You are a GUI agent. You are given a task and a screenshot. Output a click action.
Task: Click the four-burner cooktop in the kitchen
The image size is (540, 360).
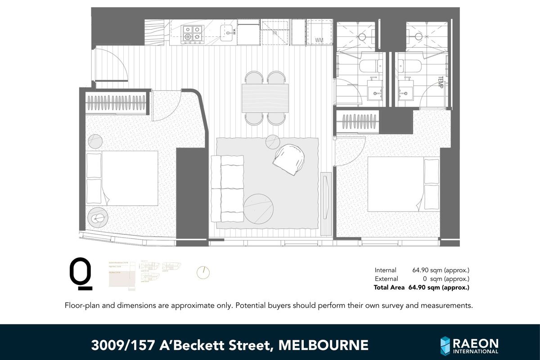pyautogui.click(x=193, y=34)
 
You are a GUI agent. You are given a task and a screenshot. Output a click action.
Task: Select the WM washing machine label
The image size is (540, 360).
pyautogui.click(x=319, y=40)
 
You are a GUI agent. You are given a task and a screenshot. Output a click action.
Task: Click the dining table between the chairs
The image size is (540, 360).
pyautogui.click(x=265, y=98)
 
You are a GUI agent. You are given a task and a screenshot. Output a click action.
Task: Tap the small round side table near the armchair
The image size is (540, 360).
pyautogui.click(x=273, y=142)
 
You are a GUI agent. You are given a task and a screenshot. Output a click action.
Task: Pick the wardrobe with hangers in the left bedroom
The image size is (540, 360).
pyautogui.click(x=116, y=104)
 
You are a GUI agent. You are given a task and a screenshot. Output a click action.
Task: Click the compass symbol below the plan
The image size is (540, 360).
pyautogui.click(x=203, y=272)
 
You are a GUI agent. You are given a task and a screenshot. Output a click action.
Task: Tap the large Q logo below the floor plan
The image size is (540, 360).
pyautogui.click(x=81, y=273)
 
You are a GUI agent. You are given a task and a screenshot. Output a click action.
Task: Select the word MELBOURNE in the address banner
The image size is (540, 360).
pyautogui.click(x=324, y=345)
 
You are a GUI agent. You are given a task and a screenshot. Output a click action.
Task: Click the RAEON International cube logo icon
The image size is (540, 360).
pyautogui.click(x=445, y=345)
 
